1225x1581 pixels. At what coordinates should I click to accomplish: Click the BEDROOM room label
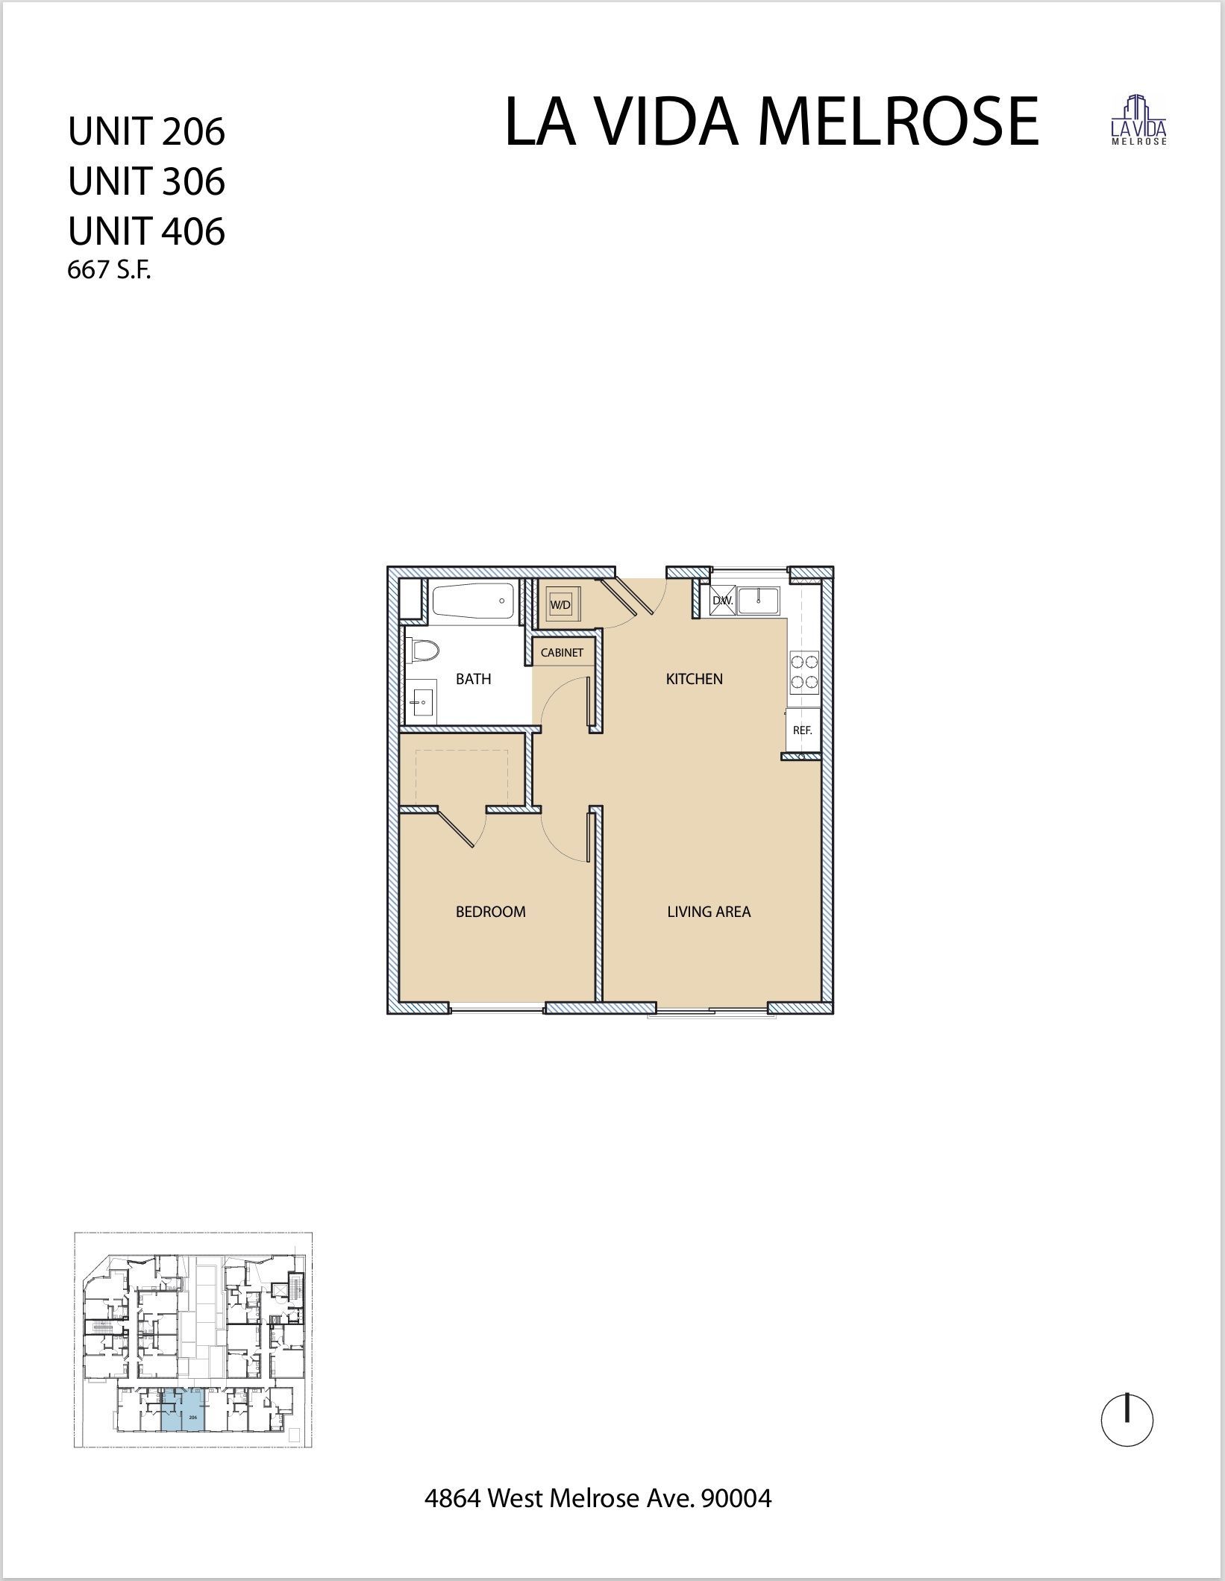coord(490,911)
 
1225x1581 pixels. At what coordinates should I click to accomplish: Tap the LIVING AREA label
coord(708,911)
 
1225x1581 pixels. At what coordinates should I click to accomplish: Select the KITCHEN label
coord(694,678)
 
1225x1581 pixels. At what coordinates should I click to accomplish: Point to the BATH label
coord(473,678)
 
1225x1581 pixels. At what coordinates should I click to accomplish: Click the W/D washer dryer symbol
coord(560,604)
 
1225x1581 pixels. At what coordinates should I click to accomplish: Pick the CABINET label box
coord(562,653)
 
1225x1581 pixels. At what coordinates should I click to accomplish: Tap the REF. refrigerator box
coord(802,730)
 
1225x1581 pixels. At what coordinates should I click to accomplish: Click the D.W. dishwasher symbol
coord(722,601)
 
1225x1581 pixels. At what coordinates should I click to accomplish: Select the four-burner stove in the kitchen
coord(804,671)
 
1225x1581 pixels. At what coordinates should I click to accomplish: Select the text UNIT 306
coord(146,181)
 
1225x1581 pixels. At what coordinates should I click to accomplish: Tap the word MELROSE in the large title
coord(897,122)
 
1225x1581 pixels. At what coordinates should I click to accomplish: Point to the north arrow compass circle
coord(1127,1421)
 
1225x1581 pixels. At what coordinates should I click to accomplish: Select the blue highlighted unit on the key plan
coord(183,1409)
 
